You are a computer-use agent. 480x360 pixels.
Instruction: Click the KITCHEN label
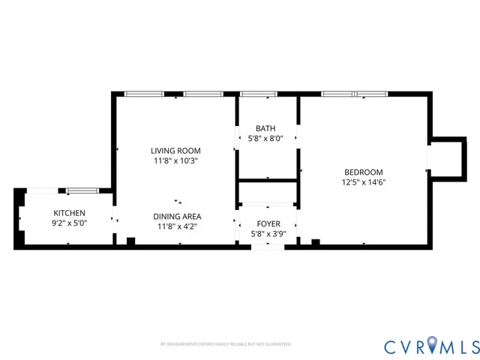pos(68,213)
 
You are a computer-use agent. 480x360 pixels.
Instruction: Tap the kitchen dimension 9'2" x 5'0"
pos(68,223)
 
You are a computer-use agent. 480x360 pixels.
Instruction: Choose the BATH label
pos(265,128)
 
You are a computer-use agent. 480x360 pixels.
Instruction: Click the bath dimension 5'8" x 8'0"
pos(266,138)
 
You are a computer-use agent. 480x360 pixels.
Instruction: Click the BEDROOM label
pos(364,171)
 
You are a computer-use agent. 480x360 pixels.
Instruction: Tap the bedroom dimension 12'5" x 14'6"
pos(364,181)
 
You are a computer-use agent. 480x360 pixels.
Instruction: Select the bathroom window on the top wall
pos(259,94)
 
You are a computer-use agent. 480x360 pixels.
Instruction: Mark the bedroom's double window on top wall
pos(354,94)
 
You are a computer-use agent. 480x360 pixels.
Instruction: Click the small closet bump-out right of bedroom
pos(446,157)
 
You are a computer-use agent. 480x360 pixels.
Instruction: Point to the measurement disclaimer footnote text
pos(225,344)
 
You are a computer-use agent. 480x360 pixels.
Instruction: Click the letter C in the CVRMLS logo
pos(391,346)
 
